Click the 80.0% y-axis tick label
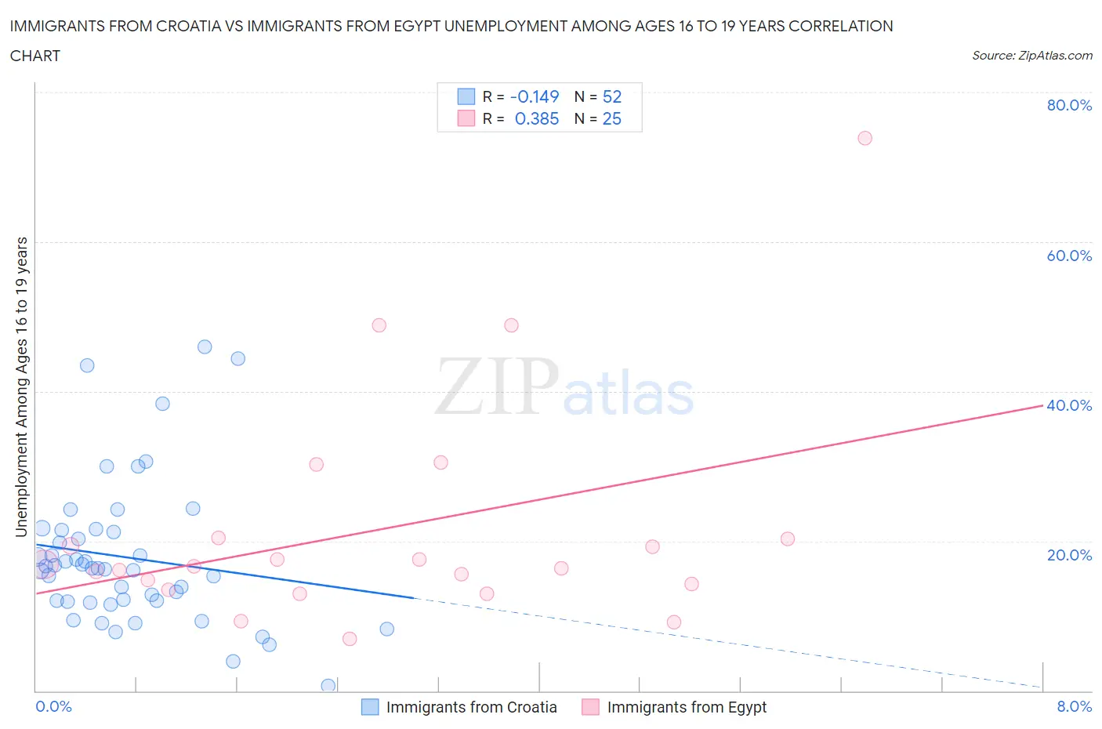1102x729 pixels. click(1069, 105)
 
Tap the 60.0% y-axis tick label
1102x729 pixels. click(1069, 256)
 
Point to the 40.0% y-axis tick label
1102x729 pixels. click(1069, 405)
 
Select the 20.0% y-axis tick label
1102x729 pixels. click(1069, 555)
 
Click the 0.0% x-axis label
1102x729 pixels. click(53, 706)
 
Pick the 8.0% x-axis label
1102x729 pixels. click(1074, 706)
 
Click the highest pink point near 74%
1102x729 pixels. click(865, 138)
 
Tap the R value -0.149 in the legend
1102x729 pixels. click(534, 96)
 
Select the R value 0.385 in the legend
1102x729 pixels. click(536, 118)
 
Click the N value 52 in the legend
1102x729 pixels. click(611, 96)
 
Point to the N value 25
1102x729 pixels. click(611, 118)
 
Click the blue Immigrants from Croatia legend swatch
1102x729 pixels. click(369, 707)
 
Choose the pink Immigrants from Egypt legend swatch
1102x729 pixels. click(590, 707)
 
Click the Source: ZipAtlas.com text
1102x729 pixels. click(1031, 55)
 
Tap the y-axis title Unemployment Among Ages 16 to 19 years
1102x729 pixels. click(22, 387)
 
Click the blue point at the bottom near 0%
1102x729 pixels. click(328, 686)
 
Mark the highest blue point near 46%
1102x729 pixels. click(205, 346)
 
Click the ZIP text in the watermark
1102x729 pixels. click(496, 386)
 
